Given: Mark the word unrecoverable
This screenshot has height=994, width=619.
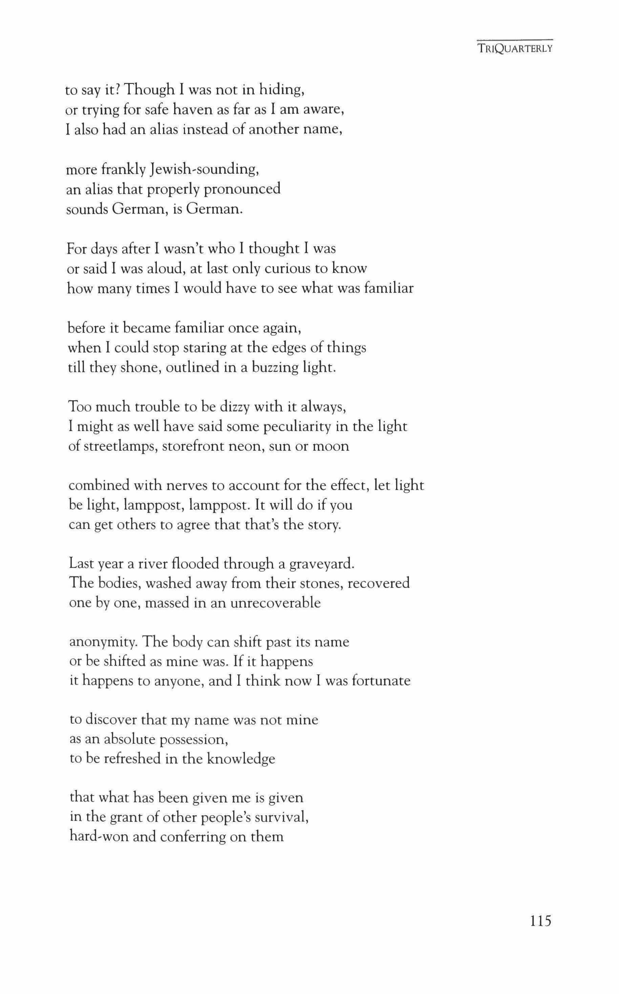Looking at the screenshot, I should pyautogui.click(x=275, y=603).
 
